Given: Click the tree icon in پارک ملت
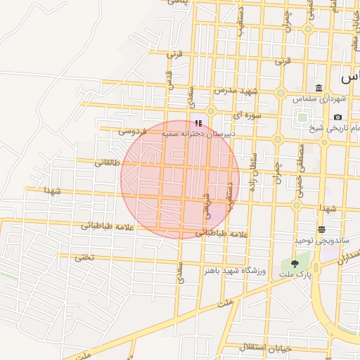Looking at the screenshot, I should (294, 264).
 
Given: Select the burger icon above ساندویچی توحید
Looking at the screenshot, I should (321, 230).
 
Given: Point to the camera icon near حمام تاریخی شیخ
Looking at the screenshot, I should (338, 117).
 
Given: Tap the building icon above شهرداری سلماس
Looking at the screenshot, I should (319, 88).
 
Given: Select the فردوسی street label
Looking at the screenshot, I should (131, 130).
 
